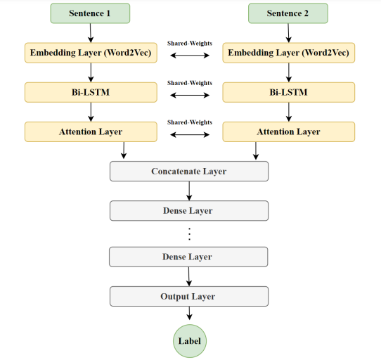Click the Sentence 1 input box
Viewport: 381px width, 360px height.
click(90, 13)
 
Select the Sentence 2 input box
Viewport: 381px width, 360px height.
click(288, 13)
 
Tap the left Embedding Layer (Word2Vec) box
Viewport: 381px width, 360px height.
click(90, 53)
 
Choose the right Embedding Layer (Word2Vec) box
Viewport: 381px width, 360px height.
click(288, 53)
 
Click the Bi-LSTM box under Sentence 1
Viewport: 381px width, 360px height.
click(90, 92)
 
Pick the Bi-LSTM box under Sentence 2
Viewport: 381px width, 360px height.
click(288, 92)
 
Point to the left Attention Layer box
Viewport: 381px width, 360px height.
click(90, 131)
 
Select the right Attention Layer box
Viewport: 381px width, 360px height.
click(288, 131)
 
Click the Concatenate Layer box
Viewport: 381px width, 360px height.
click(189, 171)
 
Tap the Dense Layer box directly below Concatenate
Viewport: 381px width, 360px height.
click(189, 210)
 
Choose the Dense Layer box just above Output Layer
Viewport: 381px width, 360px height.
click(189, 257)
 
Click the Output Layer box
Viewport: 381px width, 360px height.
click(189, 296)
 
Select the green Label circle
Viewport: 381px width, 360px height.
click(189, 341)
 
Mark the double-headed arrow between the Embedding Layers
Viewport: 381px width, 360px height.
click(189, 54)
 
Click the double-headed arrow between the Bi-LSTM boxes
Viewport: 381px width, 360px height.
click(189, 94)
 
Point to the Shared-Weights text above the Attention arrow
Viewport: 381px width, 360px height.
click(189, 122)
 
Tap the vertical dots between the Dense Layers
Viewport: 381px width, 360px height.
click(189, 233)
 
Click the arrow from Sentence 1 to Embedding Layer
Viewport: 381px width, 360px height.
click(90, 33)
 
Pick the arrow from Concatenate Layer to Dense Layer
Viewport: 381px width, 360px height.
click(189, 191)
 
